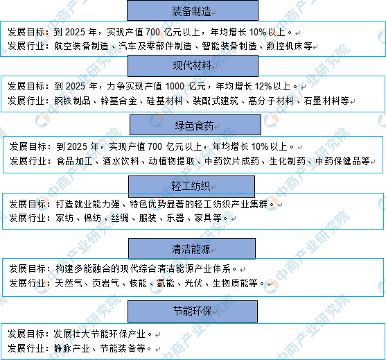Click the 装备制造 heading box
tap(193, 10)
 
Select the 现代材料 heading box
tap(193, 65)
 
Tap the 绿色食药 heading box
tap(195, 125)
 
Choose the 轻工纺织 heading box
tap(191, 187)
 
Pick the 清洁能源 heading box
tap(192, 248)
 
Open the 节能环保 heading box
tap(193, 311)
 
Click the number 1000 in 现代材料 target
tap(175, 87)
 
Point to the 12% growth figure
tap(263, 87)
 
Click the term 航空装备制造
tap(82, 46)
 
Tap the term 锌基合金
tap(119, 101)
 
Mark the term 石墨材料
tap(322, 101)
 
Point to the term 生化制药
tap(288, 161)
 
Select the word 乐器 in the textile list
tap(175, 218)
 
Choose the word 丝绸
tap(120, 218)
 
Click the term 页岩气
tap(106, 284)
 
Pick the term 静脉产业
tap(72, 348)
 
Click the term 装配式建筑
tap(216, 101)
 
